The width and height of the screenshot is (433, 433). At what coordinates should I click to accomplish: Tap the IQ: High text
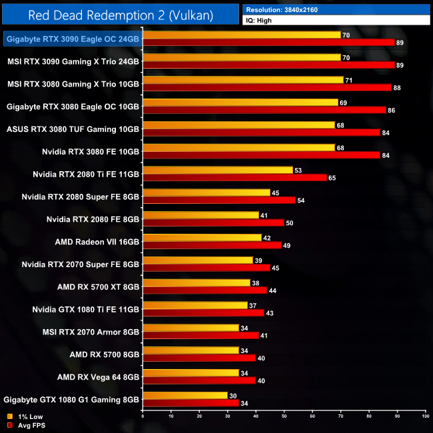[x=260, y=21]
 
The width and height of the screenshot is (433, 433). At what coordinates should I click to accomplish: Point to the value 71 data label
[x=348, y=80]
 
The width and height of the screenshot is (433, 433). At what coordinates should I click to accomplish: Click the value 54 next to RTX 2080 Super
[x=300, y=201]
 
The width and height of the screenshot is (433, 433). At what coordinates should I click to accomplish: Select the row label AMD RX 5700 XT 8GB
[x=98, y=286]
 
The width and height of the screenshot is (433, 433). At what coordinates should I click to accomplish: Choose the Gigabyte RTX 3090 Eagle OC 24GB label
[x=73, y=39]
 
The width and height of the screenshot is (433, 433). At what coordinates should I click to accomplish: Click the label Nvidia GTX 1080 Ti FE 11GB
[x=86, y=309]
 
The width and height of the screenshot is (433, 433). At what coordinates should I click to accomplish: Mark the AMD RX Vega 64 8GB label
[x=98, y=377]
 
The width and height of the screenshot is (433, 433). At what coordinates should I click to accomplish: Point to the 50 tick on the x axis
[x=284, y=416]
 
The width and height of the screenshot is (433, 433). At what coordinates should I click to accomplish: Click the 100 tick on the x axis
[x=425, y=416]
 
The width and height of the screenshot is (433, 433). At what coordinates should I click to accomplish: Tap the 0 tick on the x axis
[x=143, y=416]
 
